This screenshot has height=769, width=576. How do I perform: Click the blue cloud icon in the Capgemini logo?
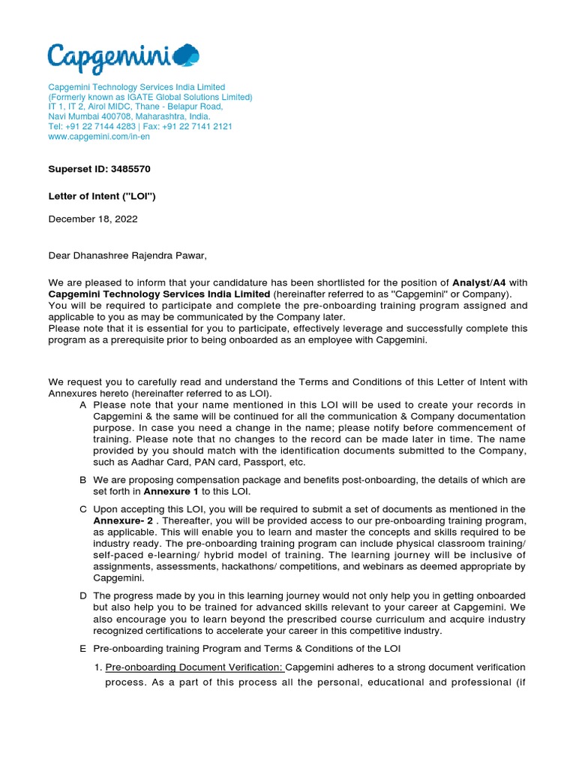coord(186,55)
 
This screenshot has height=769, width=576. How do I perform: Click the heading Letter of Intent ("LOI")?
coord(102,197)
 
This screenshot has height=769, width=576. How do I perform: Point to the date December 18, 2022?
coord(93,219)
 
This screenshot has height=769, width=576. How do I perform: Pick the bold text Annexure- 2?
coord(123,520)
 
